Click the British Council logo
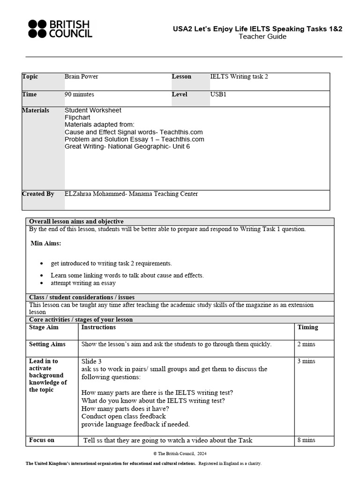(60, 29)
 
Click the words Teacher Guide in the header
(262, 37)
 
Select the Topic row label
(30, 76)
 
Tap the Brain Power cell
(82, 76)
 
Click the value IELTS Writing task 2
(239, 76)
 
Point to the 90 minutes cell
(79, 94)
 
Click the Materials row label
(36, 110)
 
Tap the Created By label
(38, 194)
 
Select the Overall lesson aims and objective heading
(76, 222)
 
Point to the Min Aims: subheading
(45, 243)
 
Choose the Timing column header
(307, 327)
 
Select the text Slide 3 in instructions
(91, 361)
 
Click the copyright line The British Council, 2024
(180, 454)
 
